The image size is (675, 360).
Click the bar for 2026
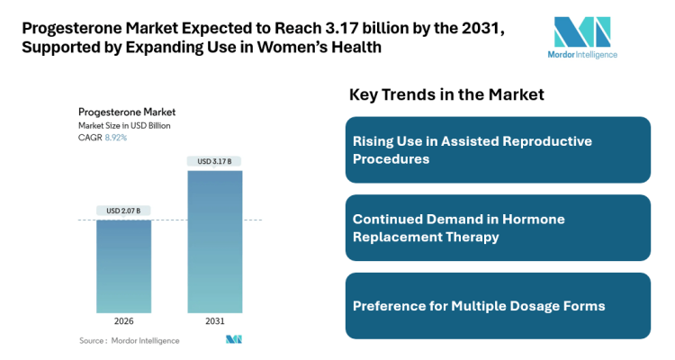pyautogui.click(x=123, y=265)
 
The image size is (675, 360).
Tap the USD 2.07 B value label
pyautogui.click(x=123, y=211)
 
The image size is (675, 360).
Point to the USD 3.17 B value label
pyautogui.click(x=214, y=161)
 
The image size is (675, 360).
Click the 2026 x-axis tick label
pyautogui.click(x=123, y=321)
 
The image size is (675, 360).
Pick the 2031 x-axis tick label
pyautogui.click(x=214, y=321)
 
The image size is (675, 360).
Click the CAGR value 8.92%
pyautogui.click(x=116, y=138)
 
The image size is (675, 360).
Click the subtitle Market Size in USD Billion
pyautogui.click(x=124, y=125)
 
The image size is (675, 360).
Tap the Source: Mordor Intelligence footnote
pyautogui.click(x=129, y=340)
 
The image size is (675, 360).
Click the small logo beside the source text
pyautogui.click(x=234, y=339)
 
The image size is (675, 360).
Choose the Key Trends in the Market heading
pyautogui.click(x=445, y=94)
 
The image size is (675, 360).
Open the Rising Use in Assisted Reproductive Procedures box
pyautogui.click(x=498, y=150)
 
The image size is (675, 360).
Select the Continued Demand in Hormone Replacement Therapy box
pyautogui.click(x=498, y=228)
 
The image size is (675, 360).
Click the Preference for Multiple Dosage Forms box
pyautogui.click(x=498, y=306)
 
